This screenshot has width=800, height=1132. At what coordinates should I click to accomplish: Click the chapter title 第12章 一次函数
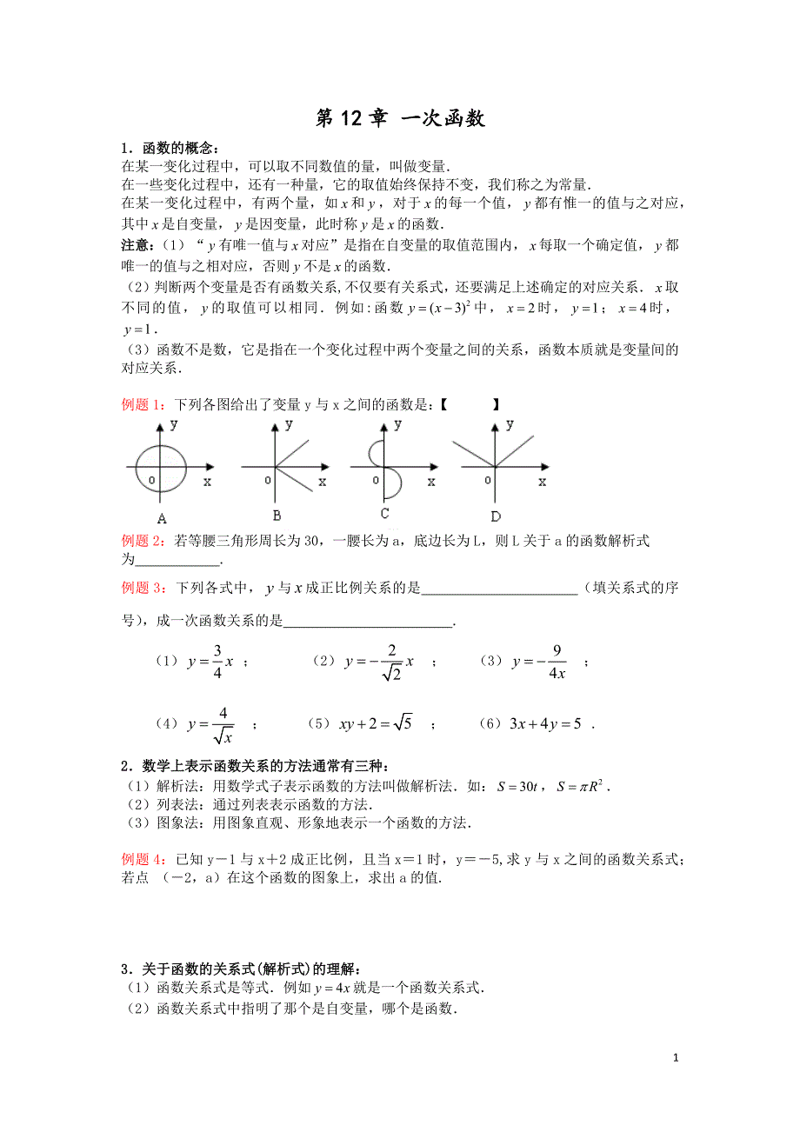point(400,119)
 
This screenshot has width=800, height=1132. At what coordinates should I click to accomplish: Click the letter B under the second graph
point(277,514)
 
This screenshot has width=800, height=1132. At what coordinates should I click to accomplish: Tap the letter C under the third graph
point(383,514)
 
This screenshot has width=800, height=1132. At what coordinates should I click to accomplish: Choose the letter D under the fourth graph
point(495,516)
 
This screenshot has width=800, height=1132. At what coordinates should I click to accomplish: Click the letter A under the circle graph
point(162,518)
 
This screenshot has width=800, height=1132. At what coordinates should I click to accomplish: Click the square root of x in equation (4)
point(223,736)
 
